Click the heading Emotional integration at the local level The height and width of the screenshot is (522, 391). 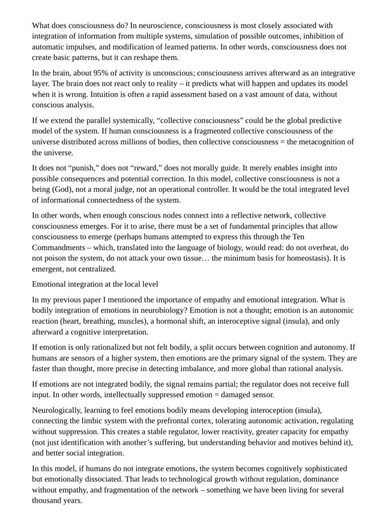[x=95, y=284]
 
